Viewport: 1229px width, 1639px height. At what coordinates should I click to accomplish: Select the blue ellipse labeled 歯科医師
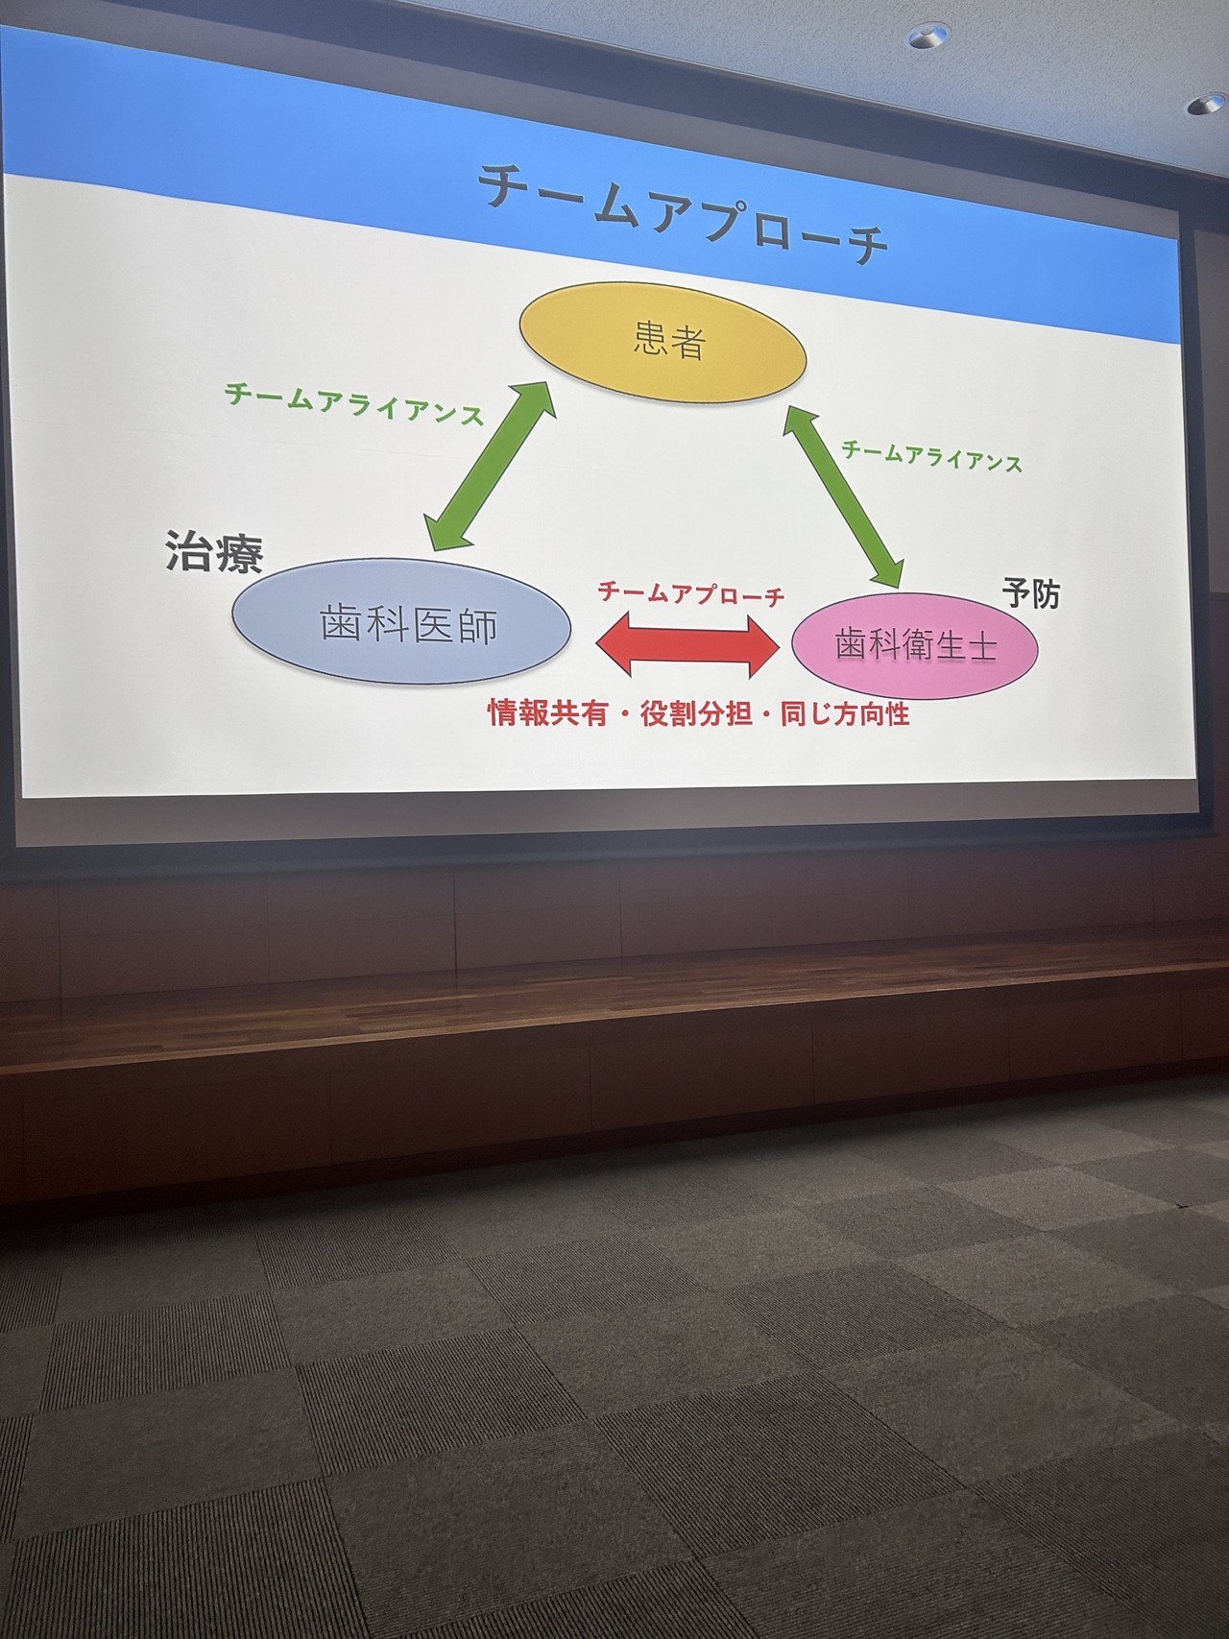(401, 621)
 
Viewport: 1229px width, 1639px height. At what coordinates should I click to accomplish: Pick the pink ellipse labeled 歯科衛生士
(916, 644)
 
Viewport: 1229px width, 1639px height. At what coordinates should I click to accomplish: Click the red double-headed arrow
(687, 646)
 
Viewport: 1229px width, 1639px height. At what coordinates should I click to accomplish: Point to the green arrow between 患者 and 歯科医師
(493, 467)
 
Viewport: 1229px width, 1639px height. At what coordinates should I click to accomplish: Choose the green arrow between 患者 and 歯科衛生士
(845, 495)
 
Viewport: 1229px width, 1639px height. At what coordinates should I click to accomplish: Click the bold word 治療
(213, 551)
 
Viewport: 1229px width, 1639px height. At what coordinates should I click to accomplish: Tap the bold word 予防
(1031, 594)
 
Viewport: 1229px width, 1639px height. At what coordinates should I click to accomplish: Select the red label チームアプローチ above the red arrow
(691, 594)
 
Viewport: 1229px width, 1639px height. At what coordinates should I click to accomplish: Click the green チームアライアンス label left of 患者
(353, 404)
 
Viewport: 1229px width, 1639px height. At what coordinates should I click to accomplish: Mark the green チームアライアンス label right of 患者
(931, 456)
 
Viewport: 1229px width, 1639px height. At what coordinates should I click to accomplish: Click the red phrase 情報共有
(548, 713)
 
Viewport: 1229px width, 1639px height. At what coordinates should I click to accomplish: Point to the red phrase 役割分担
(695, 714)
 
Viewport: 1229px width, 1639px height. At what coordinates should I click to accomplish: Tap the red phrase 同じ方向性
(845, 714)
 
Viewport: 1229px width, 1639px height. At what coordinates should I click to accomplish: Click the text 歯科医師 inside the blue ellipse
(409, 625)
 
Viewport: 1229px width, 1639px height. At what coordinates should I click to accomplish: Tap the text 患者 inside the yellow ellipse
(670, 341)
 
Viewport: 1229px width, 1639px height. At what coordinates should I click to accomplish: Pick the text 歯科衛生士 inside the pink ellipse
(916, 645)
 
